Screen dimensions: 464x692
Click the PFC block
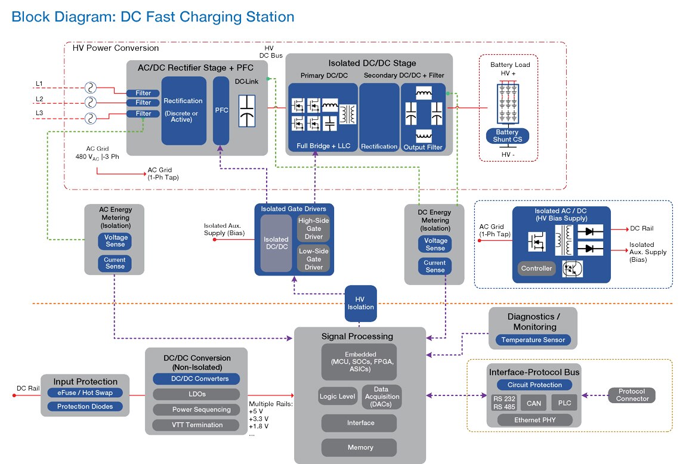pyautogui.click(x=221, y=110)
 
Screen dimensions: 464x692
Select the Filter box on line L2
pyautogui.click(x=143, y=103)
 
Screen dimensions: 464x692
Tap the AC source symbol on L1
pyautogui.click(x=91, y=88)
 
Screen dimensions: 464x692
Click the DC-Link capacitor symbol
pyautogui.click(x=247, y=110)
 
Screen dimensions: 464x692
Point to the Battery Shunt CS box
pyautogui.click(x=507, y=136)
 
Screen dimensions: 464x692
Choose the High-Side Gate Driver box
pyautogui.click(x=314, y=229)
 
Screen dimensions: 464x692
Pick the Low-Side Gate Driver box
pyautogui.click(x=314, y=259)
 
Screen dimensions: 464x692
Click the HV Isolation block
pyautogui.click(x=360, y=303)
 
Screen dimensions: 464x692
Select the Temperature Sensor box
pyautogui.click(x=533, y=340)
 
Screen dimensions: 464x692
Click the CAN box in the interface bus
pyautogui.click(x=533, y=403)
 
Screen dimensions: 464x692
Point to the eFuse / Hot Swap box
pyautogui.click(x=85, y=392)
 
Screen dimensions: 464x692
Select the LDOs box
pyautogui.click(x=196, y=394)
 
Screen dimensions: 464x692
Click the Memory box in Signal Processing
pyautogui.click(x=360, y=447)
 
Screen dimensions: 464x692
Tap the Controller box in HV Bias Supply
pyautogui.click(x=536, y=268)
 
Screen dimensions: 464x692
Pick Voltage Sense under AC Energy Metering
pyautogui.click(x=115, y=241)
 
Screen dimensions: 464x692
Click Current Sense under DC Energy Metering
pyautogui.click(x=434, y=267)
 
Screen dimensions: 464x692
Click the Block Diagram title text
pyautogui.click(x=153, y=17)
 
